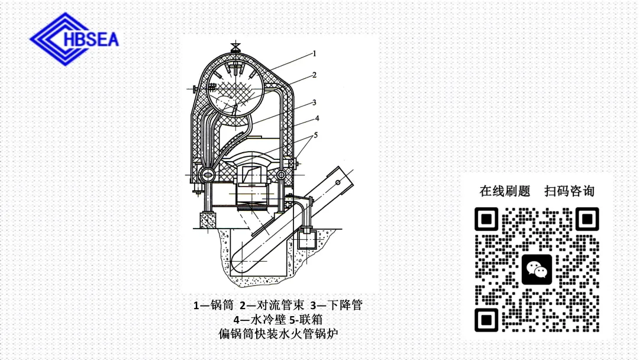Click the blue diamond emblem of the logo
pyautogui.click(x=56, y=39)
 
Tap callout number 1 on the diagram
pyautogui.click(x=315, y=53)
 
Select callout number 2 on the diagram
pyautogui.click(x=315, y=75)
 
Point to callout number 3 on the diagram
pyautogui.click(x=315, y=102)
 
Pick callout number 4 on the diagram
pyautogui.click(x=317, y=118)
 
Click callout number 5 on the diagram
pyautogui.click(x=316, y=135)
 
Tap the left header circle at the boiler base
pyautogui.click(x=207, y=175)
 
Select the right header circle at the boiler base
pyautogui.click(x=282, y=175)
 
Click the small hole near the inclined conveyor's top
pyautogui.click(x=337, y=184)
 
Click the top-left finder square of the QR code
pyautogui.click(x=487, y=220)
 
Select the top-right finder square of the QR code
pyautogui.click(x=587, y=220)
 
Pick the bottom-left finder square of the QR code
pyautogui.click(x=487, y=320)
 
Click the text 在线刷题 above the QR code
pyautogui.click(x=505, y=191)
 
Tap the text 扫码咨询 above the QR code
pyautogui.click(x=569, y=191)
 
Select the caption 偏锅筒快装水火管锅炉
pyautogui.click(x=278, y=334)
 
